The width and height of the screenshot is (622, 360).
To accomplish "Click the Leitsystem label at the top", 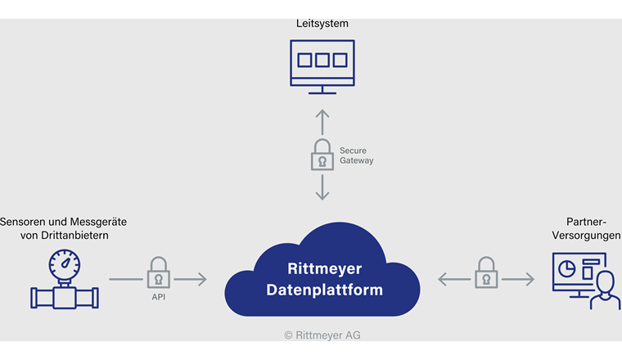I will point(322,24).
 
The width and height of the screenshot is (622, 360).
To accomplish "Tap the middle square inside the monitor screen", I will point(322,61).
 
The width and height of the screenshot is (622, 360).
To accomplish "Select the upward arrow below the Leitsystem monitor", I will point(322,121).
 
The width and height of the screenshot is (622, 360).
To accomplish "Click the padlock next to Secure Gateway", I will point(322,155).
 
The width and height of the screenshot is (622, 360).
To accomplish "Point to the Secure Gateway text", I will point(356,155).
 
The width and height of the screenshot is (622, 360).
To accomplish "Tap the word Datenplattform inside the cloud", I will point(324,290).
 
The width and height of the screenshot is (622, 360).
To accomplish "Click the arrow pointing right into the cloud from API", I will point(191,280).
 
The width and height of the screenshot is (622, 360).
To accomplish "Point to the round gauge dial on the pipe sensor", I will point(64,263).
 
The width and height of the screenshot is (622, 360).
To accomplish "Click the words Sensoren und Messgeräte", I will point(64,222).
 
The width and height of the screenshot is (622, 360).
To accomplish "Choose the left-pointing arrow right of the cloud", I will point(453,280).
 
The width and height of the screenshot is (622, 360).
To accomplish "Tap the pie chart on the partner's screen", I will point(565,267).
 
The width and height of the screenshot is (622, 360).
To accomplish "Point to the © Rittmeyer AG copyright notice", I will point(323,335).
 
